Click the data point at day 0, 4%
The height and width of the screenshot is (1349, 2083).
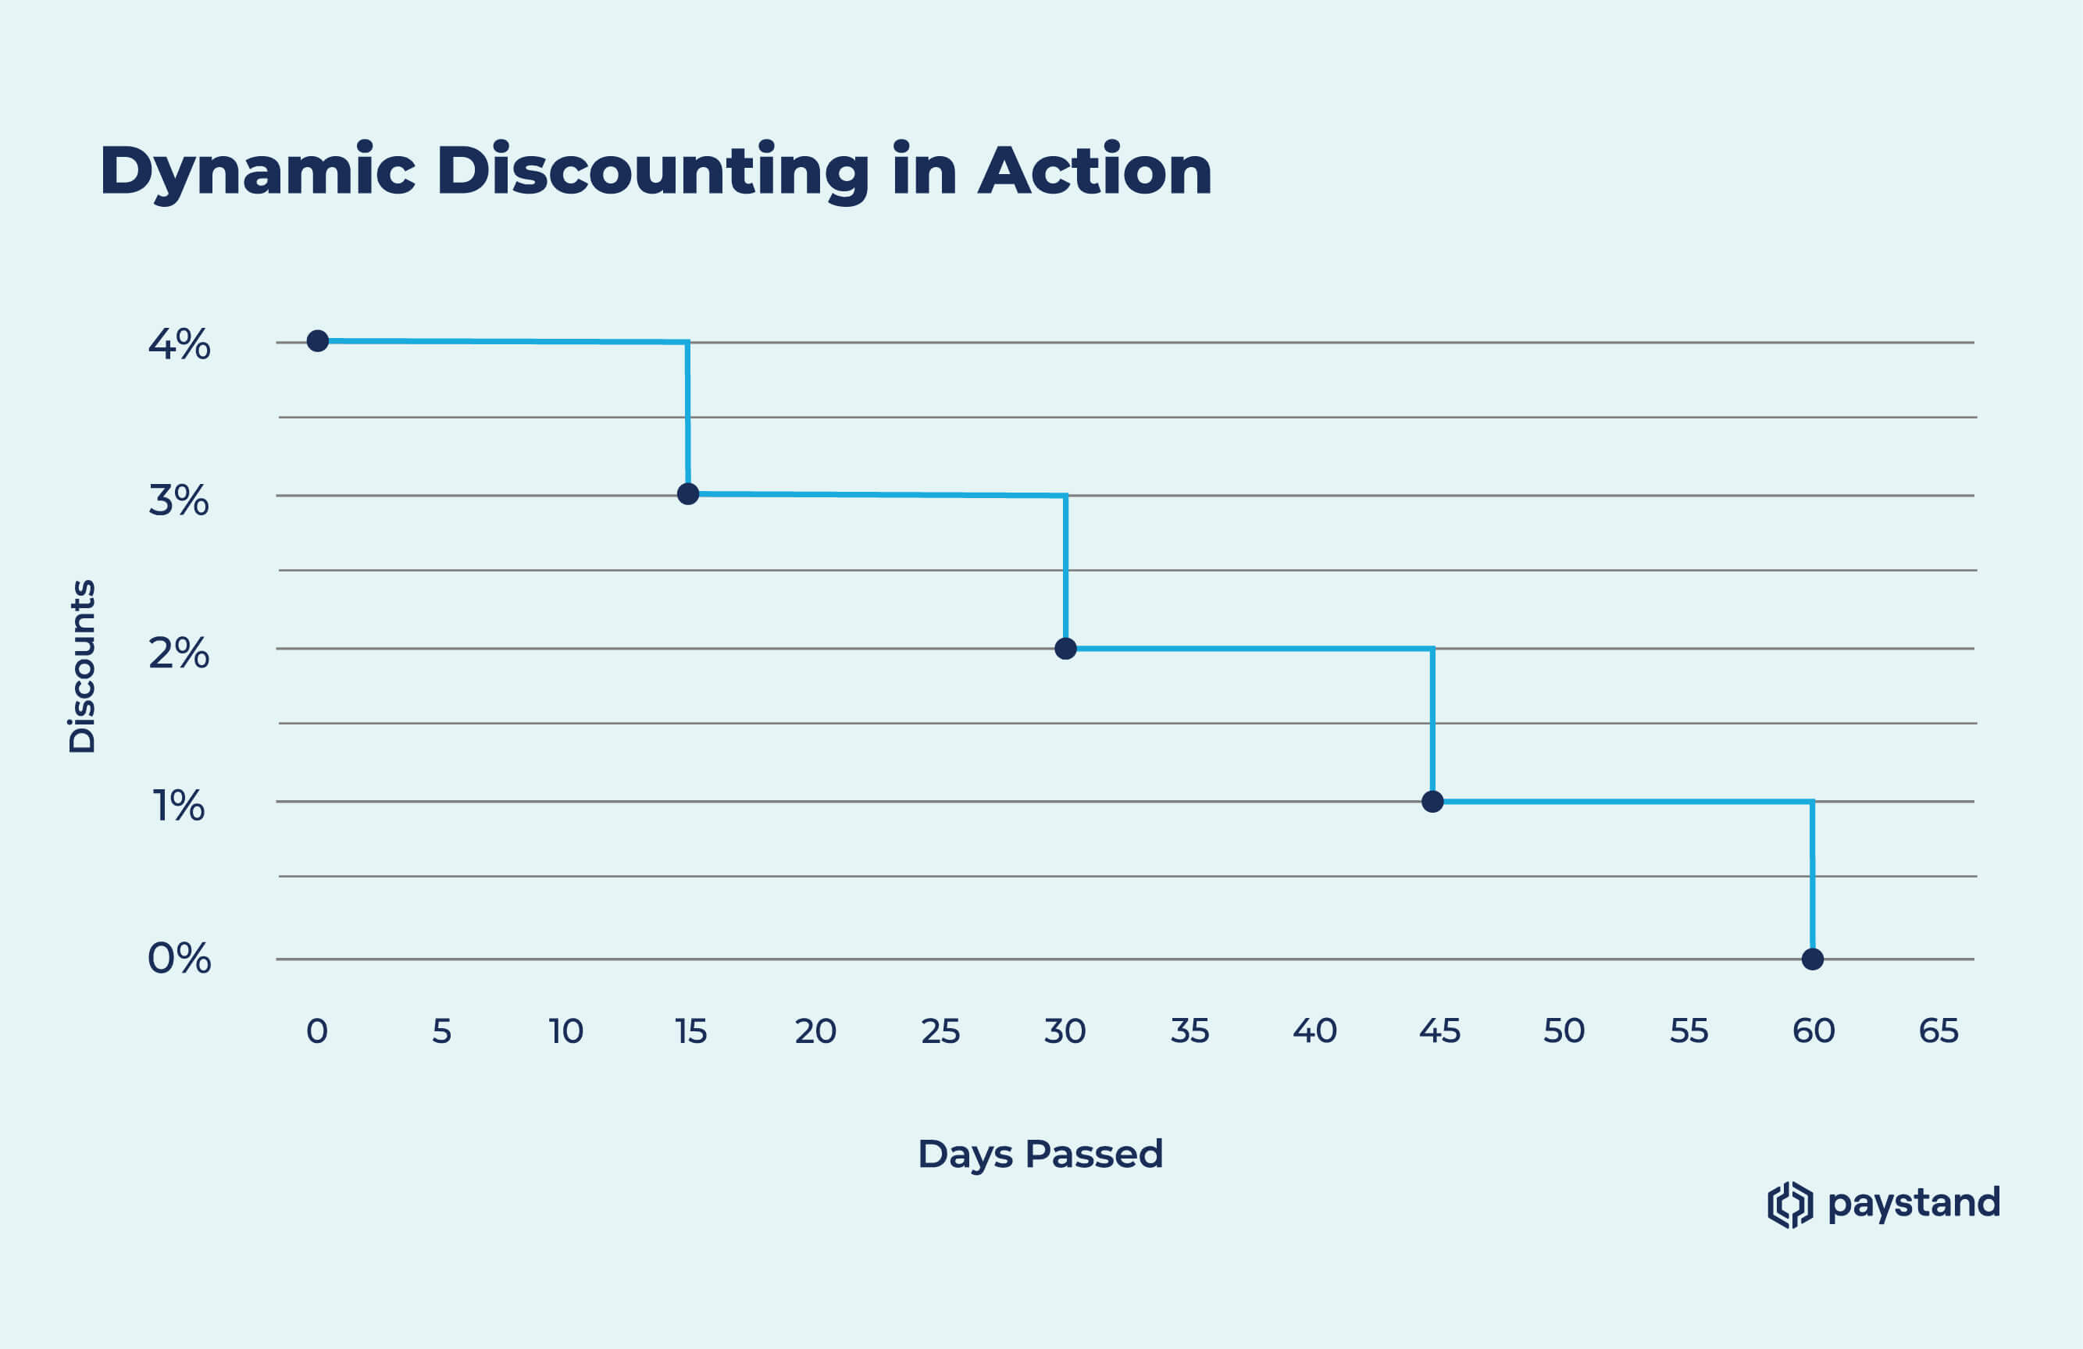[x=318, y=340]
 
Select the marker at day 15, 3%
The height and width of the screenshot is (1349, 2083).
[x=688, y=494]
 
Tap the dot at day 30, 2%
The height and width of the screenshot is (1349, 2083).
[x=1065, y=648]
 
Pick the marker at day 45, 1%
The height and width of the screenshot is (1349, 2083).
[x=1432, y=801]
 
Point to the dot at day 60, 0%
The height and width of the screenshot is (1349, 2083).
[x=1813, y=959]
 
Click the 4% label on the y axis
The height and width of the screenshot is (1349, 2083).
[x=180, y=345]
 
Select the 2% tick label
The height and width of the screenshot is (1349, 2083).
[x=180, y=653]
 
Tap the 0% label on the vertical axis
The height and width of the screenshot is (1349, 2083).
[x=180, y=959]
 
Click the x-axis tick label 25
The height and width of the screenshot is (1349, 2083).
[x=940, y=1031]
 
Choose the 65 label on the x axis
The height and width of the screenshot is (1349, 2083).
[x=1938, y=1031]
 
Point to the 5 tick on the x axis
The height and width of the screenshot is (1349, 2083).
[x=441, y=1031]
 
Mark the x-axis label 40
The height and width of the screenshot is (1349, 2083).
[x=1314, y=1031]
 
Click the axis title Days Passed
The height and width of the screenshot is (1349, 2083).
[x=1040, y=1154]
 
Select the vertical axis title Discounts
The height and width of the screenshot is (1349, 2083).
[x=82, y=666]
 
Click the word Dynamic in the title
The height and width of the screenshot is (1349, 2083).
[x=257, y=172]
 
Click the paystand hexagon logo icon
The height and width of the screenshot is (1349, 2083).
[x=1790, y=1205]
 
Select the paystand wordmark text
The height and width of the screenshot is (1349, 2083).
[x=1914, y=1204]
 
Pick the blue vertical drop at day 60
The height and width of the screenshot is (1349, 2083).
[x=1812, y=879]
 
